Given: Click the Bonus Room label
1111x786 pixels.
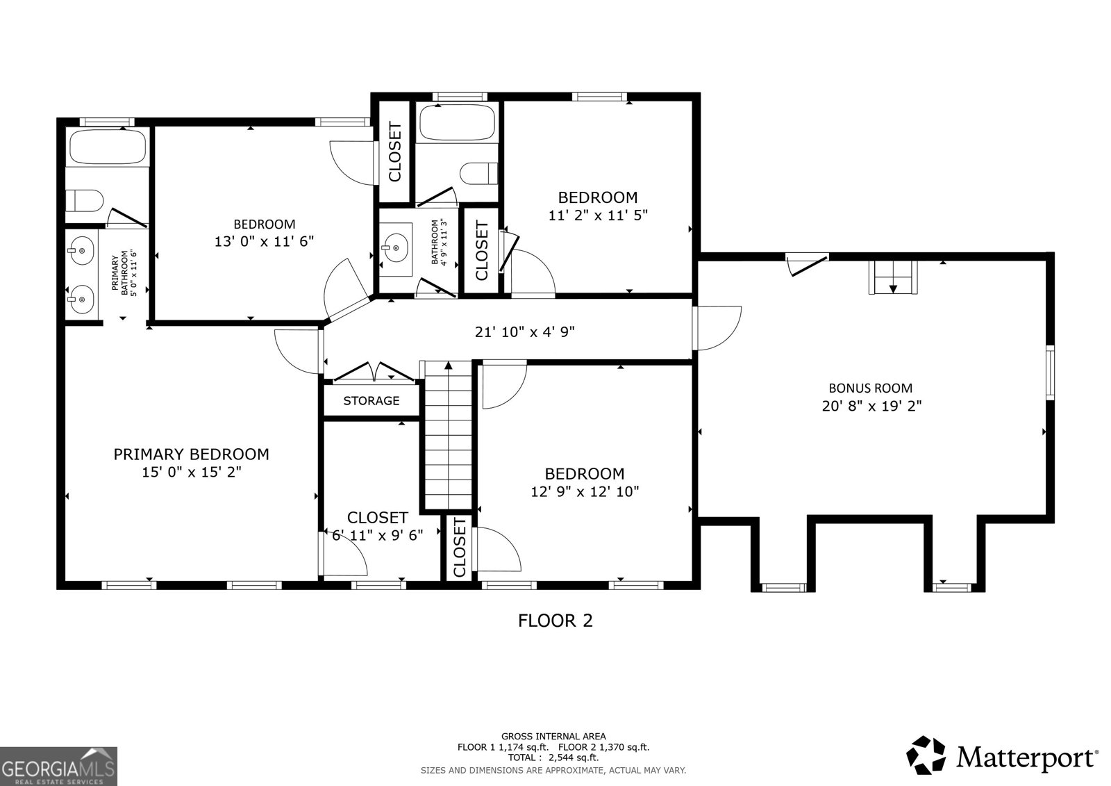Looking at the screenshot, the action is tap(871, 388).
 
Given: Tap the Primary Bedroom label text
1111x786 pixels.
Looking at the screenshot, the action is tap(191, 455).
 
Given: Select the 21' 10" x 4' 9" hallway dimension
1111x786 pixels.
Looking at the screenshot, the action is tap(525, 331).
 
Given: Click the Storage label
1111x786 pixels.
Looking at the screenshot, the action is tap(371, 400).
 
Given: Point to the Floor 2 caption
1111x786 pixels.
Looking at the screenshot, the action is tap(555, 621).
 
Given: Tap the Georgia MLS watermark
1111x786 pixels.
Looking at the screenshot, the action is tap(58, 766).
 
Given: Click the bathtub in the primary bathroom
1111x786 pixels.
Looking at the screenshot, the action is tap(108, 147).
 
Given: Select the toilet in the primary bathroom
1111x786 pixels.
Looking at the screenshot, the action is tap(84, 201).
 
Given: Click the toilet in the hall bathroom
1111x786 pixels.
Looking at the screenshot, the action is tap(479, 173).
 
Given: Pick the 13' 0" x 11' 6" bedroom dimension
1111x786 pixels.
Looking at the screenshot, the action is tap(264, 241).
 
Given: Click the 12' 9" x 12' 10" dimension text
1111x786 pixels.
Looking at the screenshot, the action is tap(585, 491).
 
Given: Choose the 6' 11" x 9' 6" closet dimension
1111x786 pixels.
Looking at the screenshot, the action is tap(378, 535).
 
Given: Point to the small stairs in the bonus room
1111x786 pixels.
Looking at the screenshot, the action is tap(893, 277).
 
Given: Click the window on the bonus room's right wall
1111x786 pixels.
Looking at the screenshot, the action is tap(1050, 372).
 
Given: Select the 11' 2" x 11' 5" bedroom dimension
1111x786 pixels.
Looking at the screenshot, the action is tap(598, 215).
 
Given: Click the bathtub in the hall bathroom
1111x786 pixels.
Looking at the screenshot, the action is tap(457, 122).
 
